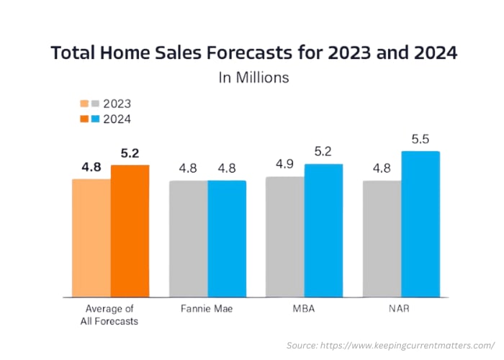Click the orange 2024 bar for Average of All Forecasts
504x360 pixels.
pos(130,230)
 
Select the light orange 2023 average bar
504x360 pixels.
pos(91,238)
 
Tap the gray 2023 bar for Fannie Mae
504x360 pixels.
pos(189,238)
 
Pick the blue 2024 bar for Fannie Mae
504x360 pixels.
pos(227,238)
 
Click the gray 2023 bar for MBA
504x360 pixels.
pos(285,236)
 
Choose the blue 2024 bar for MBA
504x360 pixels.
pos(323,230)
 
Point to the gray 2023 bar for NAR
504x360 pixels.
pos(382,238)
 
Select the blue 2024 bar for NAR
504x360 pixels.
pos(420,224)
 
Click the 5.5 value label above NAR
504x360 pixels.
pos(420,138)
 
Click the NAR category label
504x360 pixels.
pos(401,309)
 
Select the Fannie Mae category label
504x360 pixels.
pos(208,309)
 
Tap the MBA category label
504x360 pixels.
pos(305,309)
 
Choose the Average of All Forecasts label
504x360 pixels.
pos(111,315)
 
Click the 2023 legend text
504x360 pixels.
pos(117,103)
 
